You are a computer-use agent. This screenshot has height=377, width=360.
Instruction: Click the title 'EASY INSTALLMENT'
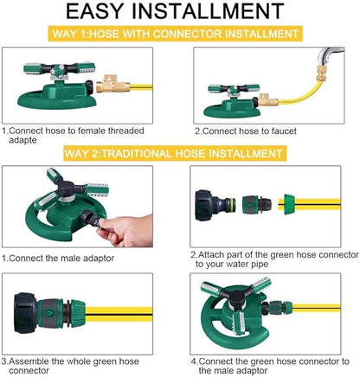click(175, 11)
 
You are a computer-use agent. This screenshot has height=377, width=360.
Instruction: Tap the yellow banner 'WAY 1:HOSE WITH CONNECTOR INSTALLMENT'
click(175, 34)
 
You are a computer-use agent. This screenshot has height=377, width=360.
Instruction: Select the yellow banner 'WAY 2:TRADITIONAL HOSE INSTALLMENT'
click(175, 153)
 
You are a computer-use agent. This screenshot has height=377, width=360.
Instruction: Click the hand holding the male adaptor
click(127, 231)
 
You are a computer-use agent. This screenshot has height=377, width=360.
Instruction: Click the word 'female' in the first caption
click(91, 131)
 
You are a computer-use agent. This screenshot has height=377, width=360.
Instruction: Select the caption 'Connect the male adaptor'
click(61, 258)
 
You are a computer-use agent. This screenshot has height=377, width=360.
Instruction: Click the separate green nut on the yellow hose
click(289, 204)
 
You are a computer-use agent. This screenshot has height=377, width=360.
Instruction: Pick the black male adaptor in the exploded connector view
click(215, 205)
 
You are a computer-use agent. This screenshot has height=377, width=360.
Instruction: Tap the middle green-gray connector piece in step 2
click(257, 205)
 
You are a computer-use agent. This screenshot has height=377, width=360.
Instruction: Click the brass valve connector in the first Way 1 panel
click(112, 84)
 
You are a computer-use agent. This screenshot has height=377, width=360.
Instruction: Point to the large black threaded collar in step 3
click(26, 313)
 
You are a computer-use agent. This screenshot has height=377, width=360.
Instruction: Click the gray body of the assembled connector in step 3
click(49, 313)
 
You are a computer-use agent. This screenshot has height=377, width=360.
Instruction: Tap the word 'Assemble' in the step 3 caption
click(29, 361)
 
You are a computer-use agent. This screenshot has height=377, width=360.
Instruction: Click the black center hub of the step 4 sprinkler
click(237, 297)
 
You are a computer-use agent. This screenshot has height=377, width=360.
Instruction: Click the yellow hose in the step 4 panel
click(316, 308)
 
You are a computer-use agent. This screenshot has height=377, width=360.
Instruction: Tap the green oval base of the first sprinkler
click(57, 99)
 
